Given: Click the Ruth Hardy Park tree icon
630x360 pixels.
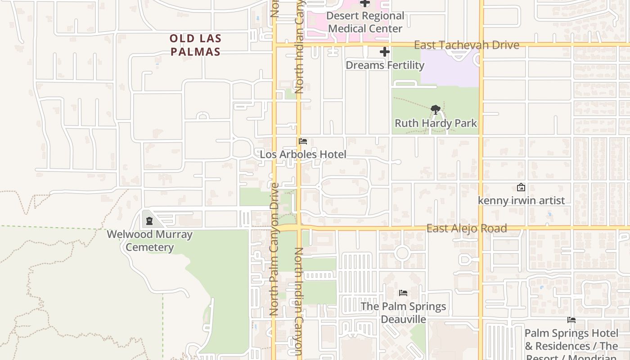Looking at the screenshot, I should [x=435, y=109].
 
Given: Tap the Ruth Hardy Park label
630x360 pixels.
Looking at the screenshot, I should [x=436, y=123].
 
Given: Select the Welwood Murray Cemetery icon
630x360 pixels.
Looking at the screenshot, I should [x=149, y=220].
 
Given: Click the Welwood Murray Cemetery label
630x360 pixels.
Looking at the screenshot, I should [x=149, y=241].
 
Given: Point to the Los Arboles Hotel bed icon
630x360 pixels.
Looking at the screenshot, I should [x=303, y=141].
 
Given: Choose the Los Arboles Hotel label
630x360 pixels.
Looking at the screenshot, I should [x=303, y=154].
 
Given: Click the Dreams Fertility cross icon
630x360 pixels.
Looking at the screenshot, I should [x=384, y=52].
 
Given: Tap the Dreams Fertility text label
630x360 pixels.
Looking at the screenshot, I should [x=385, y=65].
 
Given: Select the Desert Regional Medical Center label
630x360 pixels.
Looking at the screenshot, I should [x=365, y=22].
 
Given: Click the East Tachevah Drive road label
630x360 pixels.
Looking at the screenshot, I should [x=466, y=45].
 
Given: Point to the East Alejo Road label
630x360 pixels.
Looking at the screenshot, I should [x=467, y=228].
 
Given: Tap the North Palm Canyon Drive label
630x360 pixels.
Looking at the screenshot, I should [x=274, y=248].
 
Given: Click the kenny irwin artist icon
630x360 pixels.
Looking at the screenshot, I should [x=521, y=187].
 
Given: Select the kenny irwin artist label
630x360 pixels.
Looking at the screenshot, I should [x=521, y=200].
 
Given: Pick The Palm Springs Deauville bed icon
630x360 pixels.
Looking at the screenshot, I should [x=403, y=293].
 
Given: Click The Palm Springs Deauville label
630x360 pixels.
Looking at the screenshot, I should [x=403, y=313].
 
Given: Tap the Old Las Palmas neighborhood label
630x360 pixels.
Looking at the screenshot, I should [x=196, y=45].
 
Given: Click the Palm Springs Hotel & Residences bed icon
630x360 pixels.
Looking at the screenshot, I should [x=571, y=320].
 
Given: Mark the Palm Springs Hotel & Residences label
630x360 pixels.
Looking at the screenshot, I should [x=571, y=340].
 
